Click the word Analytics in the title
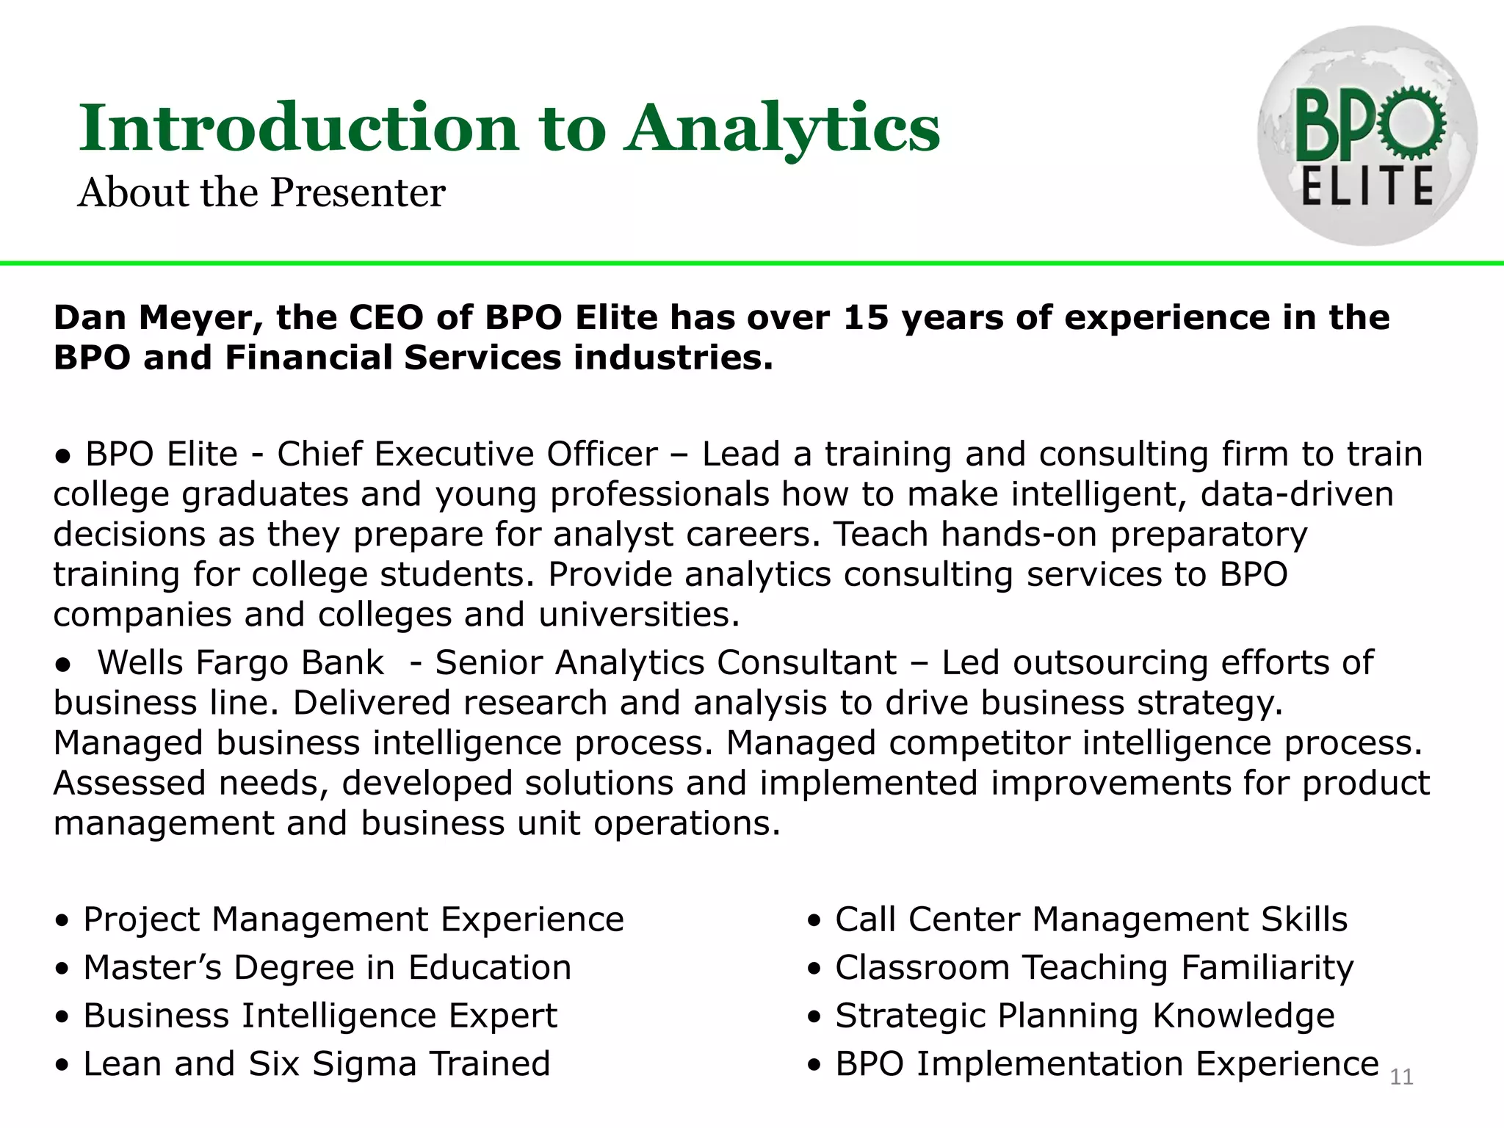(781, 129)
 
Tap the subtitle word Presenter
(358, 193)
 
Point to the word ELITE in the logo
(1367, 187)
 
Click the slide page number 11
(1401, 1077)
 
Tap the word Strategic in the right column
(910, 1016)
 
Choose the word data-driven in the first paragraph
(1297, 494)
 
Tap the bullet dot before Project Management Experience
(63, 920)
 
